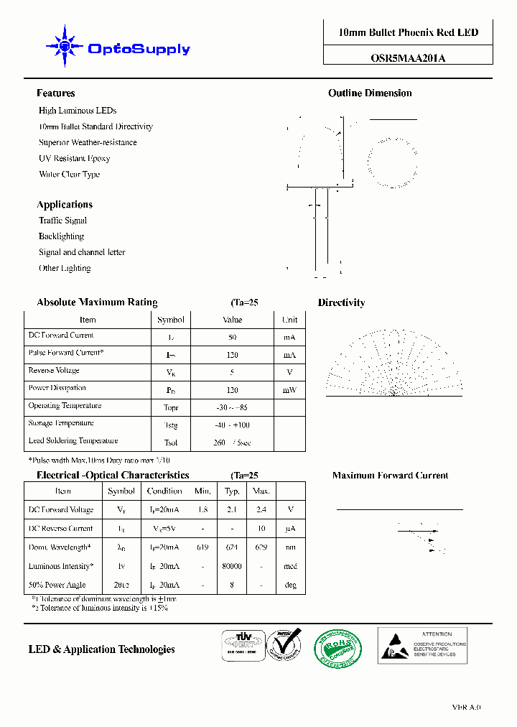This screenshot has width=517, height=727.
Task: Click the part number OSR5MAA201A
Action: (407, 59)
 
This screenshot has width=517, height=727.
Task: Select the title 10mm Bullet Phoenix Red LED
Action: (408, 32)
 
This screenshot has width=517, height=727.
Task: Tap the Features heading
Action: (56, 93)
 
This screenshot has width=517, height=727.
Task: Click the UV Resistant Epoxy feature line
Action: (74, 158)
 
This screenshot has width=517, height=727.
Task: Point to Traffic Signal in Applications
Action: (62, 221)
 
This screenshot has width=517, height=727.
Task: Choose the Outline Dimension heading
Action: (370, 93)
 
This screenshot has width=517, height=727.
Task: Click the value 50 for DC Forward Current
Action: (232, 337)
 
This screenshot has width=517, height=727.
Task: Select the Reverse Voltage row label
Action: (54, 371)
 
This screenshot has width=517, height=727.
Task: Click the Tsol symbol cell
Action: (170, 443)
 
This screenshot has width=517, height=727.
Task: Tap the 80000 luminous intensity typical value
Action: (232, 566)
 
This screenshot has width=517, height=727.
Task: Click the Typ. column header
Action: (232, 491)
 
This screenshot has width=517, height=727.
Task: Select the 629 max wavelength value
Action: (261, 547)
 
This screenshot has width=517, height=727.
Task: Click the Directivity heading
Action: (341, 303)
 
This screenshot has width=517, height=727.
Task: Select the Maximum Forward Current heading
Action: (390, 476)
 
